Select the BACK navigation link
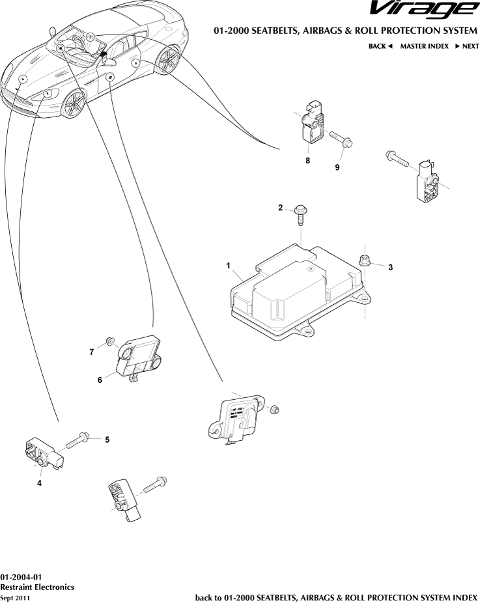pos(380,46)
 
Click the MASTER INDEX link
pos(424,46)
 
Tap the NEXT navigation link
pos(466,46)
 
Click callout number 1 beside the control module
pos(229,266)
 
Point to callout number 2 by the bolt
pos(281,208)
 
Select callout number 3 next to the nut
pos(391,267)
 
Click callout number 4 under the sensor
pos(39,483)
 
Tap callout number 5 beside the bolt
pos(107,440)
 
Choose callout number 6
pos(100,380)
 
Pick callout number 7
pos(92,352)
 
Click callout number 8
pos(307,160)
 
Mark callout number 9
pos(337,167)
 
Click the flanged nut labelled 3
pos(365,260)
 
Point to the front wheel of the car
pos(74,103)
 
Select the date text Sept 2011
pos(15,598)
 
